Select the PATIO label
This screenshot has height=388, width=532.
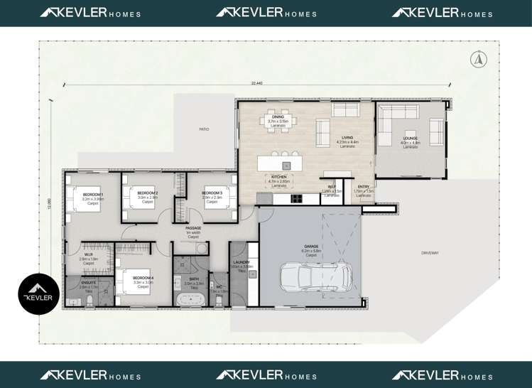click(x=204, y=129)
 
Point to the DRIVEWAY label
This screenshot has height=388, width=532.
click(x=430, y=253)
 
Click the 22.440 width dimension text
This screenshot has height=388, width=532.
click(x=256, y=83)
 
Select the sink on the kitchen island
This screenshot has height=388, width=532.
click(x=286, y=166)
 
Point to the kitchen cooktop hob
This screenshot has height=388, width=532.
click(x=294, y=198)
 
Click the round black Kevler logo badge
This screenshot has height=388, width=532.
click(x=38, y=294)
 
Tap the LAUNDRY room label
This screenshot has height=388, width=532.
click(x=241, y=262)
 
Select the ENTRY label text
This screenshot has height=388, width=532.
click(x=364, y=187)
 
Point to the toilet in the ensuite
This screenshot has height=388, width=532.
click(x=90, y=301)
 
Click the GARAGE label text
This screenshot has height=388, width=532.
click(x=311, y=247)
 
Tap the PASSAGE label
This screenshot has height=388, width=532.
click(x=193, y=228)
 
